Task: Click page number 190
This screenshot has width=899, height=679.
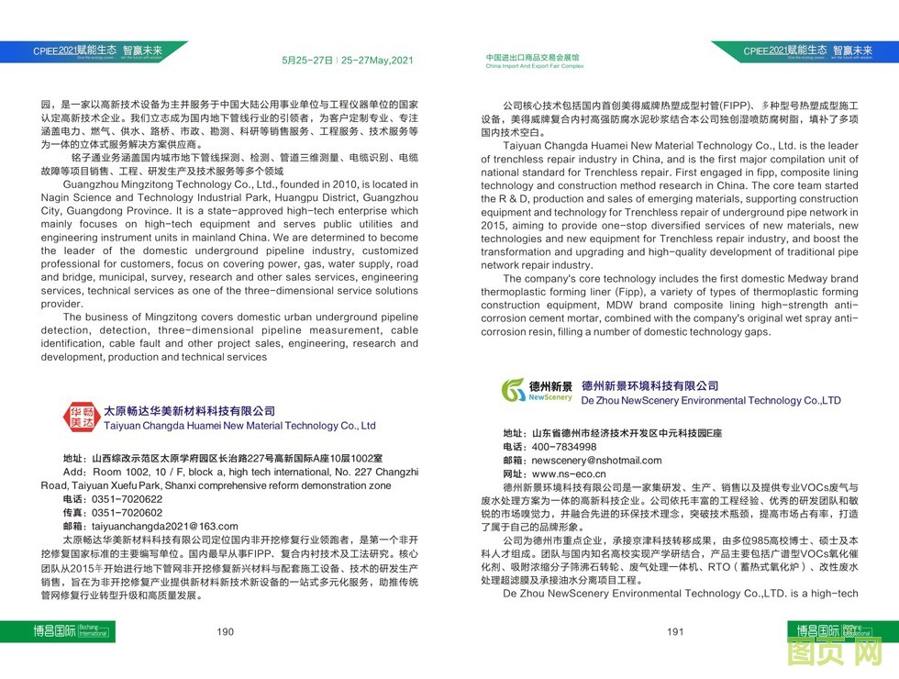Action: click(226, 631)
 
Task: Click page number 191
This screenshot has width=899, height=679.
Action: click(675, 631)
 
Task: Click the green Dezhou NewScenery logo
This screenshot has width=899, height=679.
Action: click(538, 392)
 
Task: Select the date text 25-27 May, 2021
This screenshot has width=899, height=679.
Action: click(377, 61)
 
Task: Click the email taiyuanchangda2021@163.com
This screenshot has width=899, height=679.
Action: click(164, 527)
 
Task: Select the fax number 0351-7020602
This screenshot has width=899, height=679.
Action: click(127, 513)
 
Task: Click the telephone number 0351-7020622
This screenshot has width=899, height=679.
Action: click(127, 499)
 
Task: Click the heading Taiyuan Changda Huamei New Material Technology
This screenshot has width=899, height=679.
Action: click(240, 426)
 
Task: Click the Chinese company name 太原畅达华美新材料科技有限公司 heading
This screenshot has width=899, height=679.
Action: click(189, 411)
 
